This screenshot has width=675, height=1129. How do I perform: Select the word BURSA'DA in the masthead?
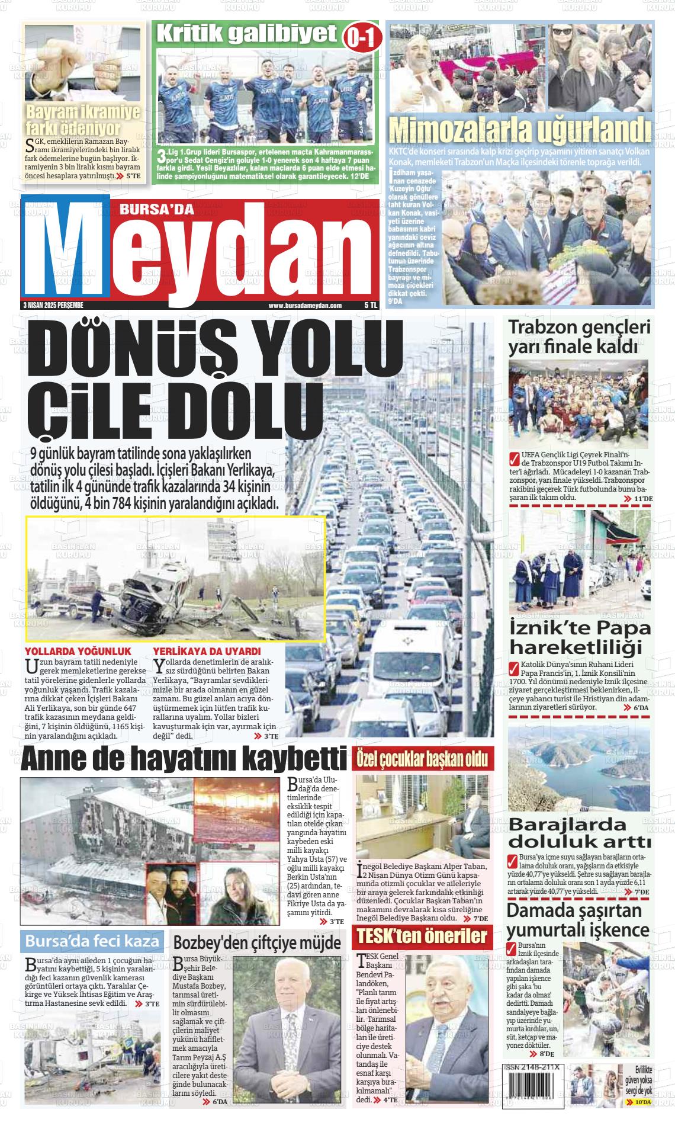tap(146, 209)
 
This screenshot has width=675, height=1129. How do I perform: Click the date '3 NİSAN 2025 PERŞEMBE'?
tap(52, 306)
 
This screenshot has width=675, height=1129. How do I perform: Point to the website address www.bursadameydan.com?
tap(305, 306)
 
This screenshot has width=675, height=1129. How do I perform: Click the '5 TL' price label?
tap(371, 306)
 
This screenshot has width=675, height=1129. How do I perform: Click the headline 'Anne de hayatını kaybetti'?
tap(184, 760)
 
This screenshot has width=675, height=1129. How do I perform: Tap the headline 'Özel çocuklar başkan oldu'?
tap(422, 759)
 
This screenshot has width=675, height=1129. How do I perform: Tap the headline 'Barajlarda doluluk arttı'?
tap(580, 832)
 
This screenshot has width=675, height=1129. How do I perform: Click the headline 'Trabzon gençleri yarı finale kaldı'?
tap(579, 336)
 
